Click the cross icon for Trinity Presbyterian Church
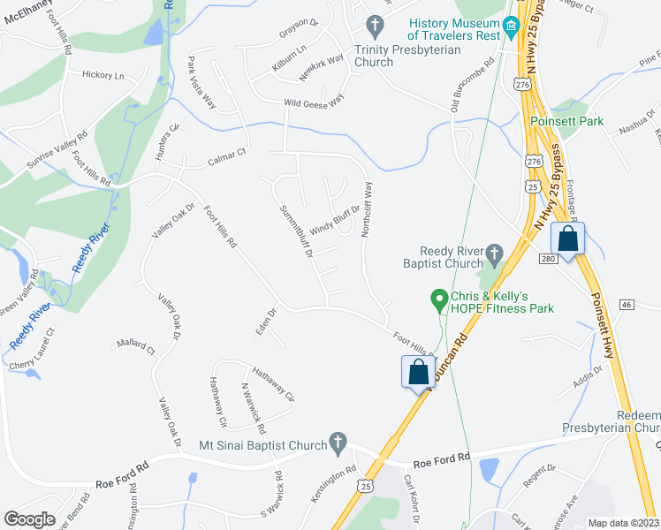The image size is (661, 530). [376, 26]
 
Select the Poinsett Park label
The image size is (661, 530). [566, 121]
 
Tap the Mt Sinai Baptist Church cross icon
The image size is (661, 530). [337, 440]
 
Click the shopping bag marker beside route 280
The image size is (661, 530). [566, 239]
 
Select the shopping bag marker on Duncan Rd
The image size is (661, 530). [418, 371]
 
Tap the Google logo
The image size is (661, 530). [30, 519]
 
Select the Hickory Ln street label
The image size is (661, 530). [103, 76]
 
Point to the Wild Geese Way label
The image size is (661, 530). [313, 103]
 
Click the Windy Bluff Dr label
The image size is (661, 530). [334, 216]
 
